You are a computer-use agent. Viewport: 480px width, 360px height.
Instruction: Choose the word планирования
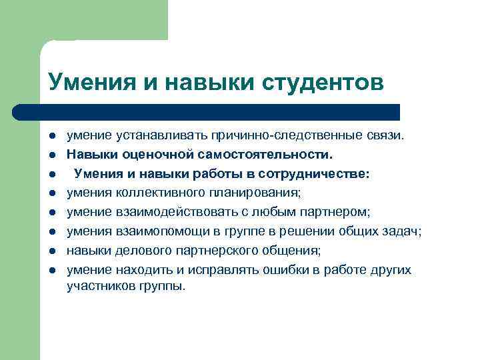tap(257, 193)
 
